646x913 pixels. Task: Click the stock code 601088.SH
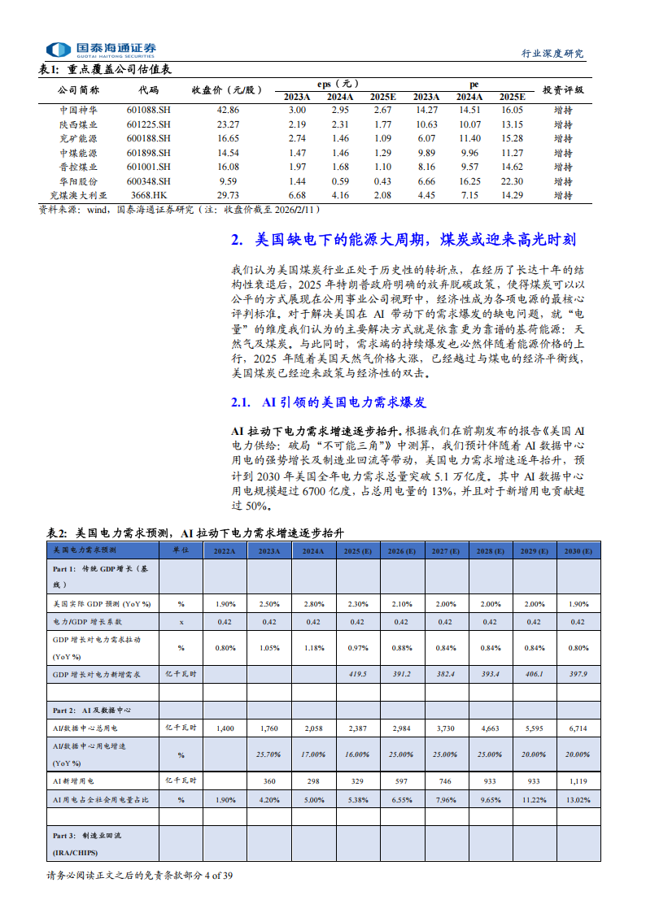click(x=149, y=110)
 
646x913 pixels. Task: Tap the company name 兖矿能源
click(x=79, y=138)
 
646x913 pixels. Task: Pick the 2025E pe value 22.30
click(x=512, y=181)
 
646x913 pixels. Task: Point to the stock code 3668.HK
click(x=149, y=195)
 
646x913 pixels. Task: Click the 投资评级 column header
click(x=562, y=89)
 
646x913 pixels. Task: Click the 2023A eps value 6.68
click(x=297, y=195)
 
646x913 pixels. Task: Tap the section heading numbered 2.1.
click(x=329, y=402)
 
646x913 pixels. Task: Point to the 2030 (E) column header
click(x=578, y=550)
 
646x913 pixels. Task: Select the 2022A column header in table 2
click(x=225, y=550)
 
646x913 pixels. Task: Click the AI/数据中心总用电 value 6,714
click(x=578, y=729)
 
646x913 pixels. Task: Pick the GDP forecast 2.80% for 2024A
click(x=313, y=604)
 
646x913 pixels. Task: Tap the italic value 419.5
click(x=357, y=675)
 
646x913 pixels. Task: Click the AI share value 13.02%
click(x=578, y=800)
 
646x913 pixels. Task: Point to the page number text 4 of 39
click(x=220, y=876)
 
